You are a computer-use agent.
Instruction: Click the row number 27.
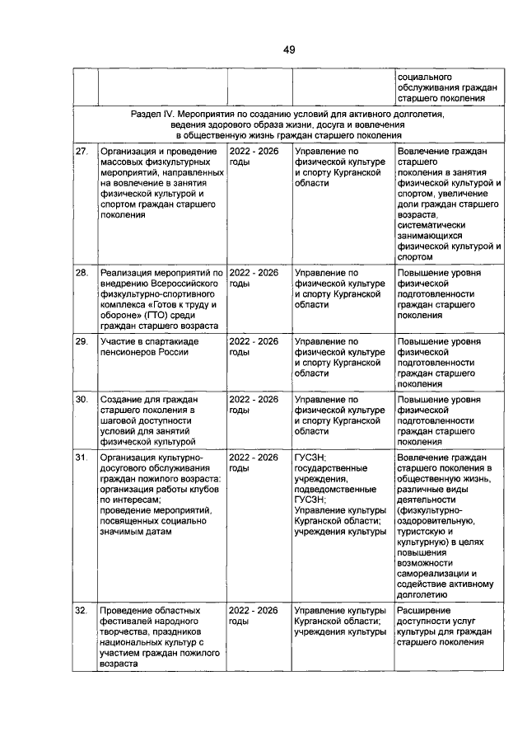(x=82, y=152)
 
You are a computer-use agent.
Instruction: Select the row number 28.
(x=82, y=272)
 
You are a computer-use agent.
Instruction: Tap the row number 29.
(x=82, y=340)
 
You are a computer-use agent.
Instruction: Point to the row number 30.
(x=82, y=399)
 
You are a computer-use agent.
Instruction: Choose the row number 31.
(x=82, y=457)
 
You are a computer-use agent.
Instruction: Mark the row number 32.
(x=82, y=610)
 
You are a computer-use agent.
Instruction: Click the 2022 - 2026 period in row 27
(x=254, y=152)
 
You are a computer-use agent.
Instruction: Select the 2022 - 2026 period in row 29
(x=254, y=340)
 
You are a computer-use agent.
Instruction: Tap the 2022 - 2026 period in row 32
(x=254, y=610)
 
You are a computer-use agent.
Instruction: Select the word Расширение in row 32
(x=423, y=610)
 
